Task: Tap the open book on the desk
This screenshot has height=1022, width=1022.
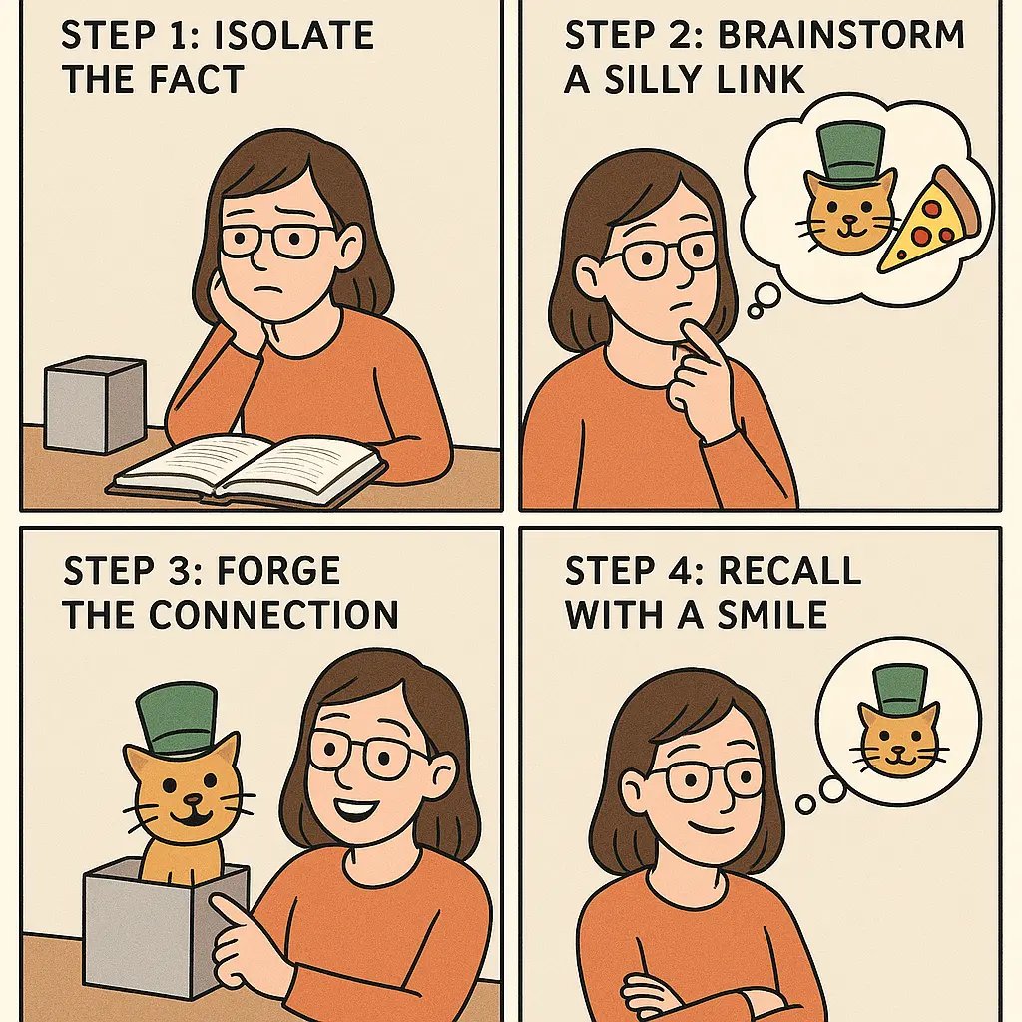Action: click(x=248, y=466)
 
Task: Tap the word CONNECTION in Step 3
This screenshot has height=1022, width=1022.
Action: click(x=274, y=614)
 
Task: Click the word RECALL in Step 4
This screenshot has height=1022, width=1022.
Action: click(x=788, y=571)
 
